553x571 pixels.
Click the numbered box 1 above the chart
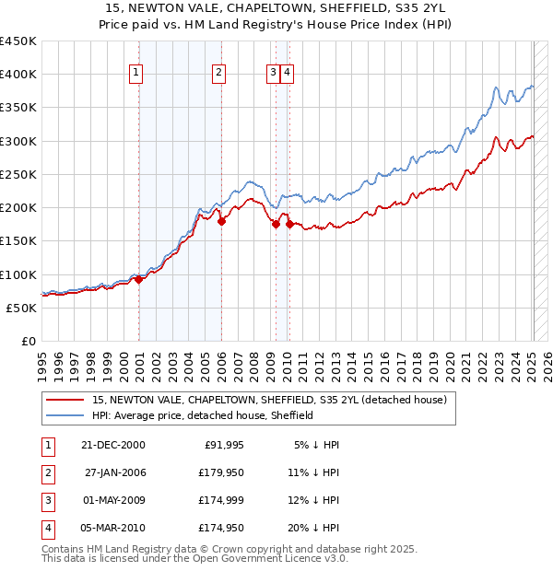pyautogui.click(x=135, y=74)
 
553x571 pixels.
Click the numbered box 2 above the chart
pyautogui.click(x=218, y=74)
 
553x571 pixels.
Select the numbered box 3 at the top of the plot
pyautogui.click(x=274, y=74)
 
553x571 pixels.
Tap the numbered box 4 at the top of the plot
pyautogui.click(x=288, y=74)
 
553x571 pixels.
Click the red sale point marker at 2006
pyautogui.click(x=221, y=221)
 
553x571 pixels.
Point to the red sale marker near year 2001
pyautogui.click(x=138, y=280)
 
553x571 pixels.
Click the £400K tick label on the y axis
pyautogui.click(x=18, y=75)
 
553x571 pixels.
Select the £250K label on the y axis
pyautogui.click(x=18, y=174)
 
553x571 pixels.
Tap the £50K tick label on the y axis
pyautogui.click(x=22, y=308)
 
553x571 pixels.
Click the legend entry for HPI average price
pyautogui.click(x=203, y=415)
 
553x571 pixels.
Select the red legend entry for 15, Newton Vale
pyautogui.click(x=269, y=400)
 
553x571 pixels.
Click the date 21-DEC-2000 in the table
pyautogui.click(x=112, y=445)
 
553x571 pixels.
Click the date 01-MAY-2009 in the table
pyautogui.click(x=112, y=500)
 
